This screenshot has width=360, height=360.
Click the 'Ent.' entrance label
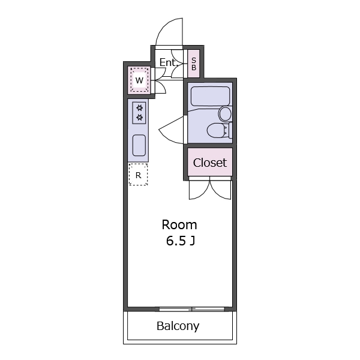pos(168,62)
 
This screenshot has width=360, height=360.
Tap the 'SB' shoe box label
pos(194,64)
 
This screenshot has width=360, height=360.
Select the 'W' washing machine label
pos(139,80)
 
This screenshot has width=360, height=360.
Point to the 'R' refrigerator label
pos(138,175)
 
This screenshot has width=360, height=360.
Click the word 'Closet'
pos(210,163)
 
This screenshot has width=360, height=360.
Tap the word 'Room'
pos(179,225)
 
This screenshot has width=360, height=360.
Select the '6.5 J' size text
pos(181,241)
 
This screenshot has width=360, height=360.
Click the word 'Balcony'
pos(178,326)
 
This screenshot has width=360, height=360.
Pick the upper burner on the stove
pos(139,107)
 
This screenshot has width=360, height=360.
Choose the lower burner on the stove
pos(139,118)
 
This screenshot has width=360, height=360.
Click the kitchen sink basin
pos(139,145)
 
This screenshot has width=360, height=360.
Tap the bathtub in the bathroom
pos(211,96)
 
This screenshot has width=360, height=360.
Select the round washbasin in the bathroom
pos(225,114)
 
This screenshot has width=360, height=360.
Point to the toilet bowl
pos(217,130)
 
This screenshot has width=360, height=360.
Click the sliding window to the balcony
pos(192,309)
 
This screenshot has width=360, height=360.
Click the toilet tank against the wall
pos(230,130)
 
